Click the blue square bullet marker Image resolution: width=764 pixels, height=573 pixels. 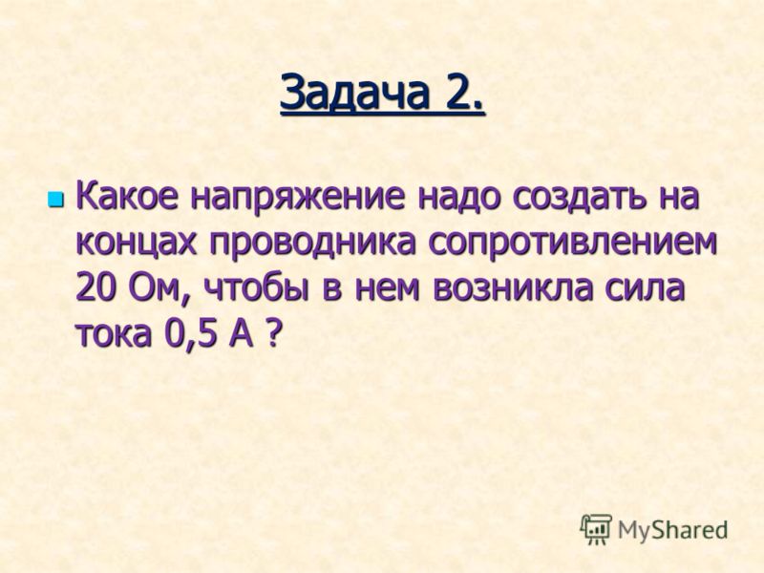point(56,198)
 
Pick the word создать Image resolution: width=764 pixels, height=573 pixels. point(577,198)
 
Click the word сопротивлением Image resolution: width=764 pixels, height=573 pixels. point(573,244)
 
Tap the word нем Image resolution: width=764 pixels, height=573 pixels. point(387,291)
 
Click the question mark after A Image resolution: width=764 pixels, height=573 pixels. point(274,333)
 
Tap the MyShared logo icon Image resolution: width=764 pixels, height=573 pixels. point(595,530)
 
